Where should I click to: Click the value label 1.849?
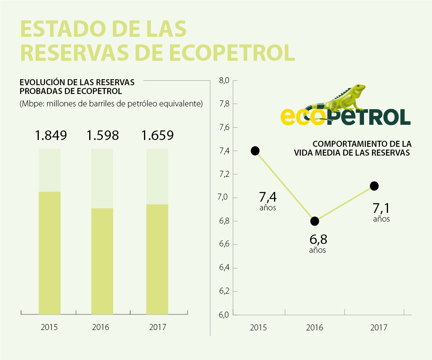[50, 136]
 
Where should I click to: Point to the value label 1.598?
[103, 136]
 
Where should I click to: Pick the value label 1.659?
[157, 136]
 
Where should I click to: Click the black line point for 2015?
[255, 151]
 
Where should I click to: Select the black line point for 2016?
[315, 221]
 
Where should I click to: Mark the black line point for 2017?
[374, 186]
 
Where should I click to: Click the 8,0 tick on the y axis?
[224, 81]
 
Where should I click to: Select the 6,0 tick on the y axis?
[224, 315]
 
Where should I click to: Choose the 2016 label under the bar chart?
[100, 327]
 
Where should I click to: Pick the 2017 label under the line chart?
[378, 328]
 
